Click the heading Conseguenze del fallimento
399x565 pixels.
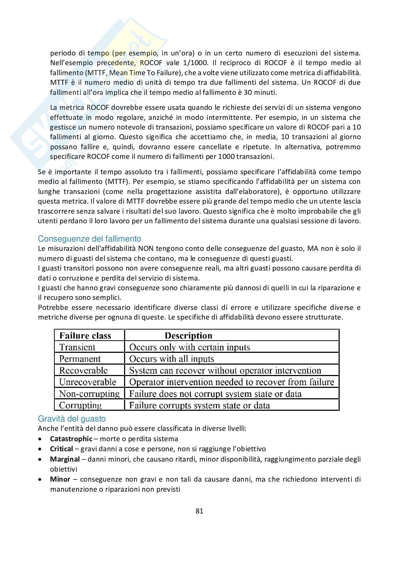point(89,239)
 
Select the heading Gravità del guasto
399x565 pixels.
point(72,419)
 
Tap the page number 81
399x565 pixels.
point(199,511)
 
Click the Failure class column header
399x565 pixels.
point(85,336)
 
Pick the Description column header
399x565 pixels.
point(188,336)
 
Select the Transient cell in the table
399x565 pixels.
point(77,347)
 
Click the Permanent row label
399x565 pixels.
point(80,359)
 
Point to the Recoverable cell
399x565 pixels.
point(83,370)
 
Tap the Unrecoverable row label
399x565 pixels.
point(88,382)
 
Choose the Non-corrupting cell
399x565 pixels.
point(89,394)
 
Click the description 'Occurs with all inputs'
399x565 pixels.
point(172,359)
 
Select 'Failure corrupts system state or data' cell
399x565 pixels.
point(199,405)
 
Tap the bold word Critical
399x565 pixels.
point(61,449)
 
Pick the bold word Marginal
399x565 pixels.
point(65,459)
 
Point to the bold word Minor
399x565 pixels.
point(60,479)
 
